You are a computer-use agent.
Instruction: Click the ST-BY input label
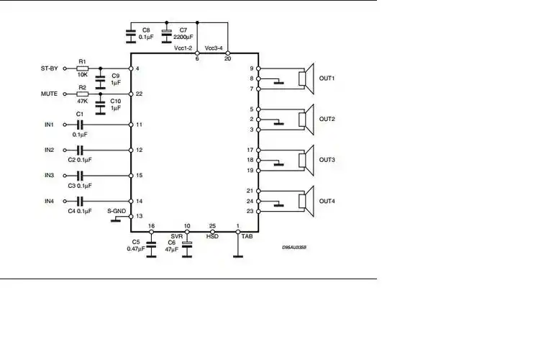click(x=50, y=68)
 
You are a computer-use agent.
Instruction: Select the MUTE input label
click(x=50, y=94)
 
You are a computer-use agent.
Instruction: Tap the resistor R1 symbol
click(x=82, y=68)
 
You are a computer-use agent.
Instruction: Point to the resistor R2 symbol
click(x=82, y=94)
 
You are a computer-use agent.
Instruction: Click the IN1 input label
click(x=49, y=125)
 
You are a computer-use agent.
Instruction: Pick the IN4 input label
click(x=49, y=201)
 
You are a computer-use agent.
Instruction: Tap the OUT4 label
click(x=327, y=201)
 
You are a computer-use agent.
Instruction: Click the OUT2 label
click(x=327, y=119)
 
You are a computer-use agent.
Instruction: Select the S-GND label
click(x=117, y=211)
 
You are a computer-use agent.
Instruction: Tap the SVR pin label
click(x=176, y=235)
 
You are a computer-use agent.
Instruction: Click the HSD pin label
click(x=212, y=235)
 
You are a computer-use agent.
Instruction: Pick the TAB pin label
click(x=247, y=235)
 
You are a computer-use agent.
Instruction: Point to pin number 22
click(x=139, y=94)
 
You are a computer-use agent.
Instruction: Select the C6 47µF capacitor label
click(x=172, y=246)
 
